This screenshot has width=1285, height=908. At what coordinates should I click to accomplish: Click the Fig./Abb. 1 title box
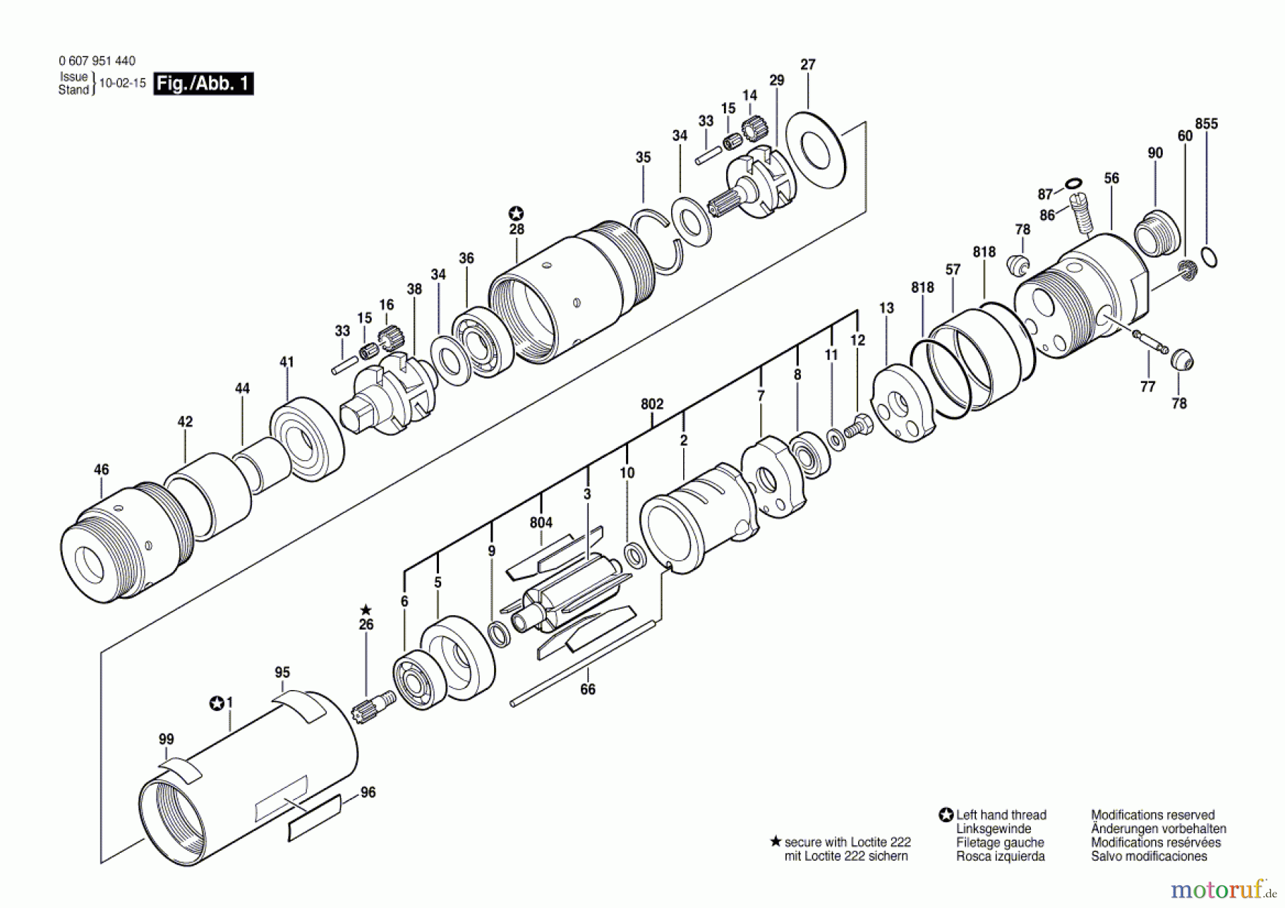203,84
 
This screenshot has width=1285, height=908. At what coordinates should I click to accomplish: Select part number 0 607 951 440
97,61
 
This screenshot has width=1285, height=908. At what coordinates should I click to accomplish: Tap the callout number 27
807,64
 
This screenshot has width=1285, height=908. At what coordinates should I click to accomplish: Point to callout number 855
1206,124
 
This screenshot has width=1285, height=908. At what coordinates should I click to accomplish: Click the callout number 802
652,404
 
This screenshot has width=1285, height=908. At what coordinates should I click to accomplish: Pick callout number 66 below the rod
588,689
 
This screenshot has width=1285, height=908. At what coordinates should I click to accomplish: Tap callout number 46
101,469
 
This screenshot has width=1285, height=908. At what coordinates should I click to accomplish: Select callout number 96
368,792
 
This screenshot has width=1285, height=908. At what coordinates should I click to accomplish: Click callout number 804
541,522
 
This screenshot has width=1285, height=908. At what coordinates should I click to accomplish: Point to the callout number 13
886,308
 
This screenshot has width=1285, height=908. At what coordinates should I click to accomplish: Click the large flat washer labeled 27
815,151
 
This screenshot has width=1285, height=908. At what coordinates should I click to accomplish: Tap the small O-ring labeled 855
1209,256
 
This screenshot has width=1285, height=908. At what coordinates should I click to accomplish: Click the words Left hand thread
1001,814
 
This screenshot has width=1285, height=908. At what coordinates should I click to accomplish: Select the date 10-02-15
122,83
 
